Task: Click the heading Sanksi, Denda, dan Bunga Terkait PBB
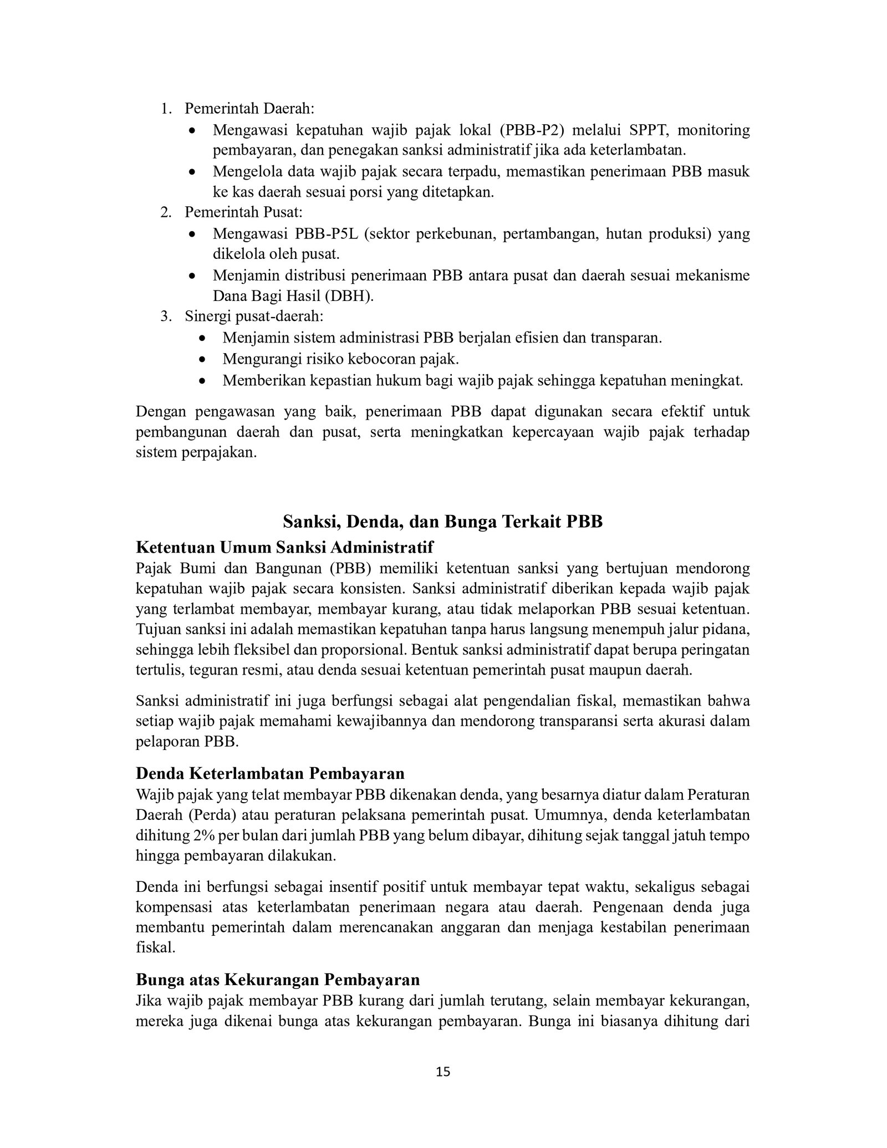pyautogui.click(x=443, y=522)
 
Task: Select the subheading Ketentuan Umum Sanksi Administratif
pyautogui.click(x=284, y=547)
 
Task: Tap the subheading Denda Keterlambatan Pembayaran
pyautogui.click(x=270, y=773)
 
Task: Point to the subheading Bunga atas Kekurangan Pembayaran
pyautogui.click(x=278, y=979)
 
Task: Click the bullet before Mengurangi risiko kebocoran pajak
pyautogui.click(x=203, y=360)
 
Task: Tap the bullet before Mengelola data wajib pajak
pyautogui.click(x=192, y=172)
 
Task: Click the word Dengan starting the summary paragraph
pyautogui.click(x=161, y=412)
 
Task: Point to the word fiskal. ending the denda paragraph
pyautogui.click(x=155, y=947)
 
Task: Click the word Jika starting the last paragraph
pyautogui.click(x=147, y=1001)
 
